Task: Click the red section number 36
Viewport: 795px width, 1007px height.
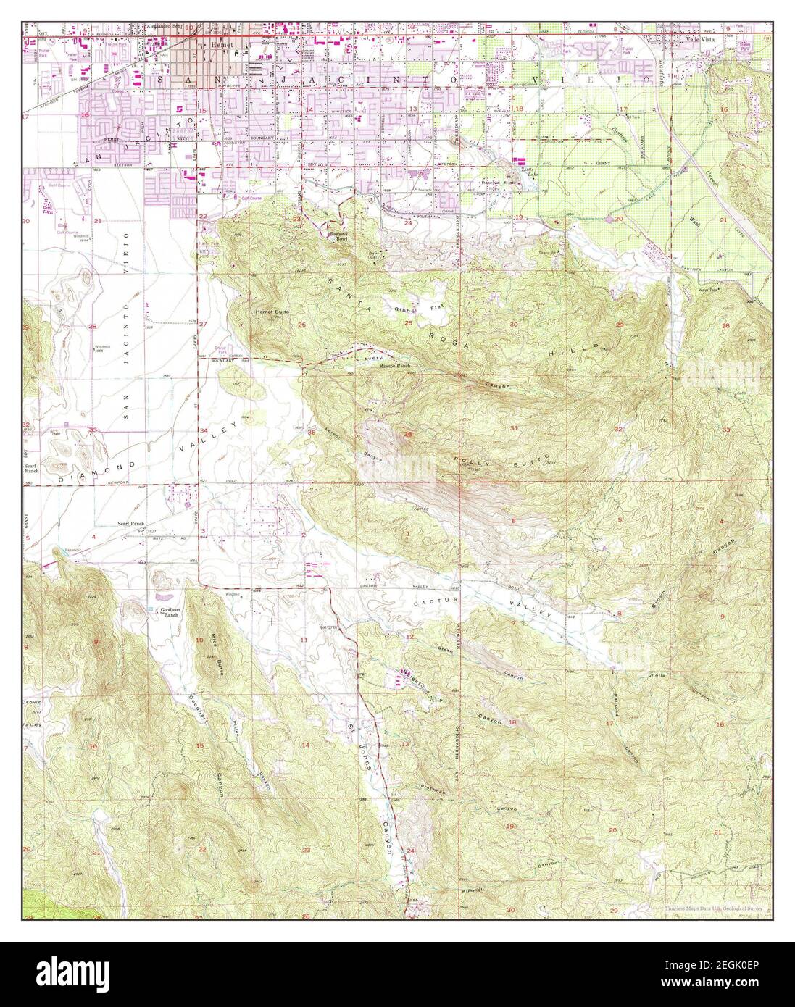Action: click(x=408, y=434)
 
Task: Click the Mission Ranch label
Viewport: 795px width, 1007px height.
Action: click(x=396, y=367)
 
